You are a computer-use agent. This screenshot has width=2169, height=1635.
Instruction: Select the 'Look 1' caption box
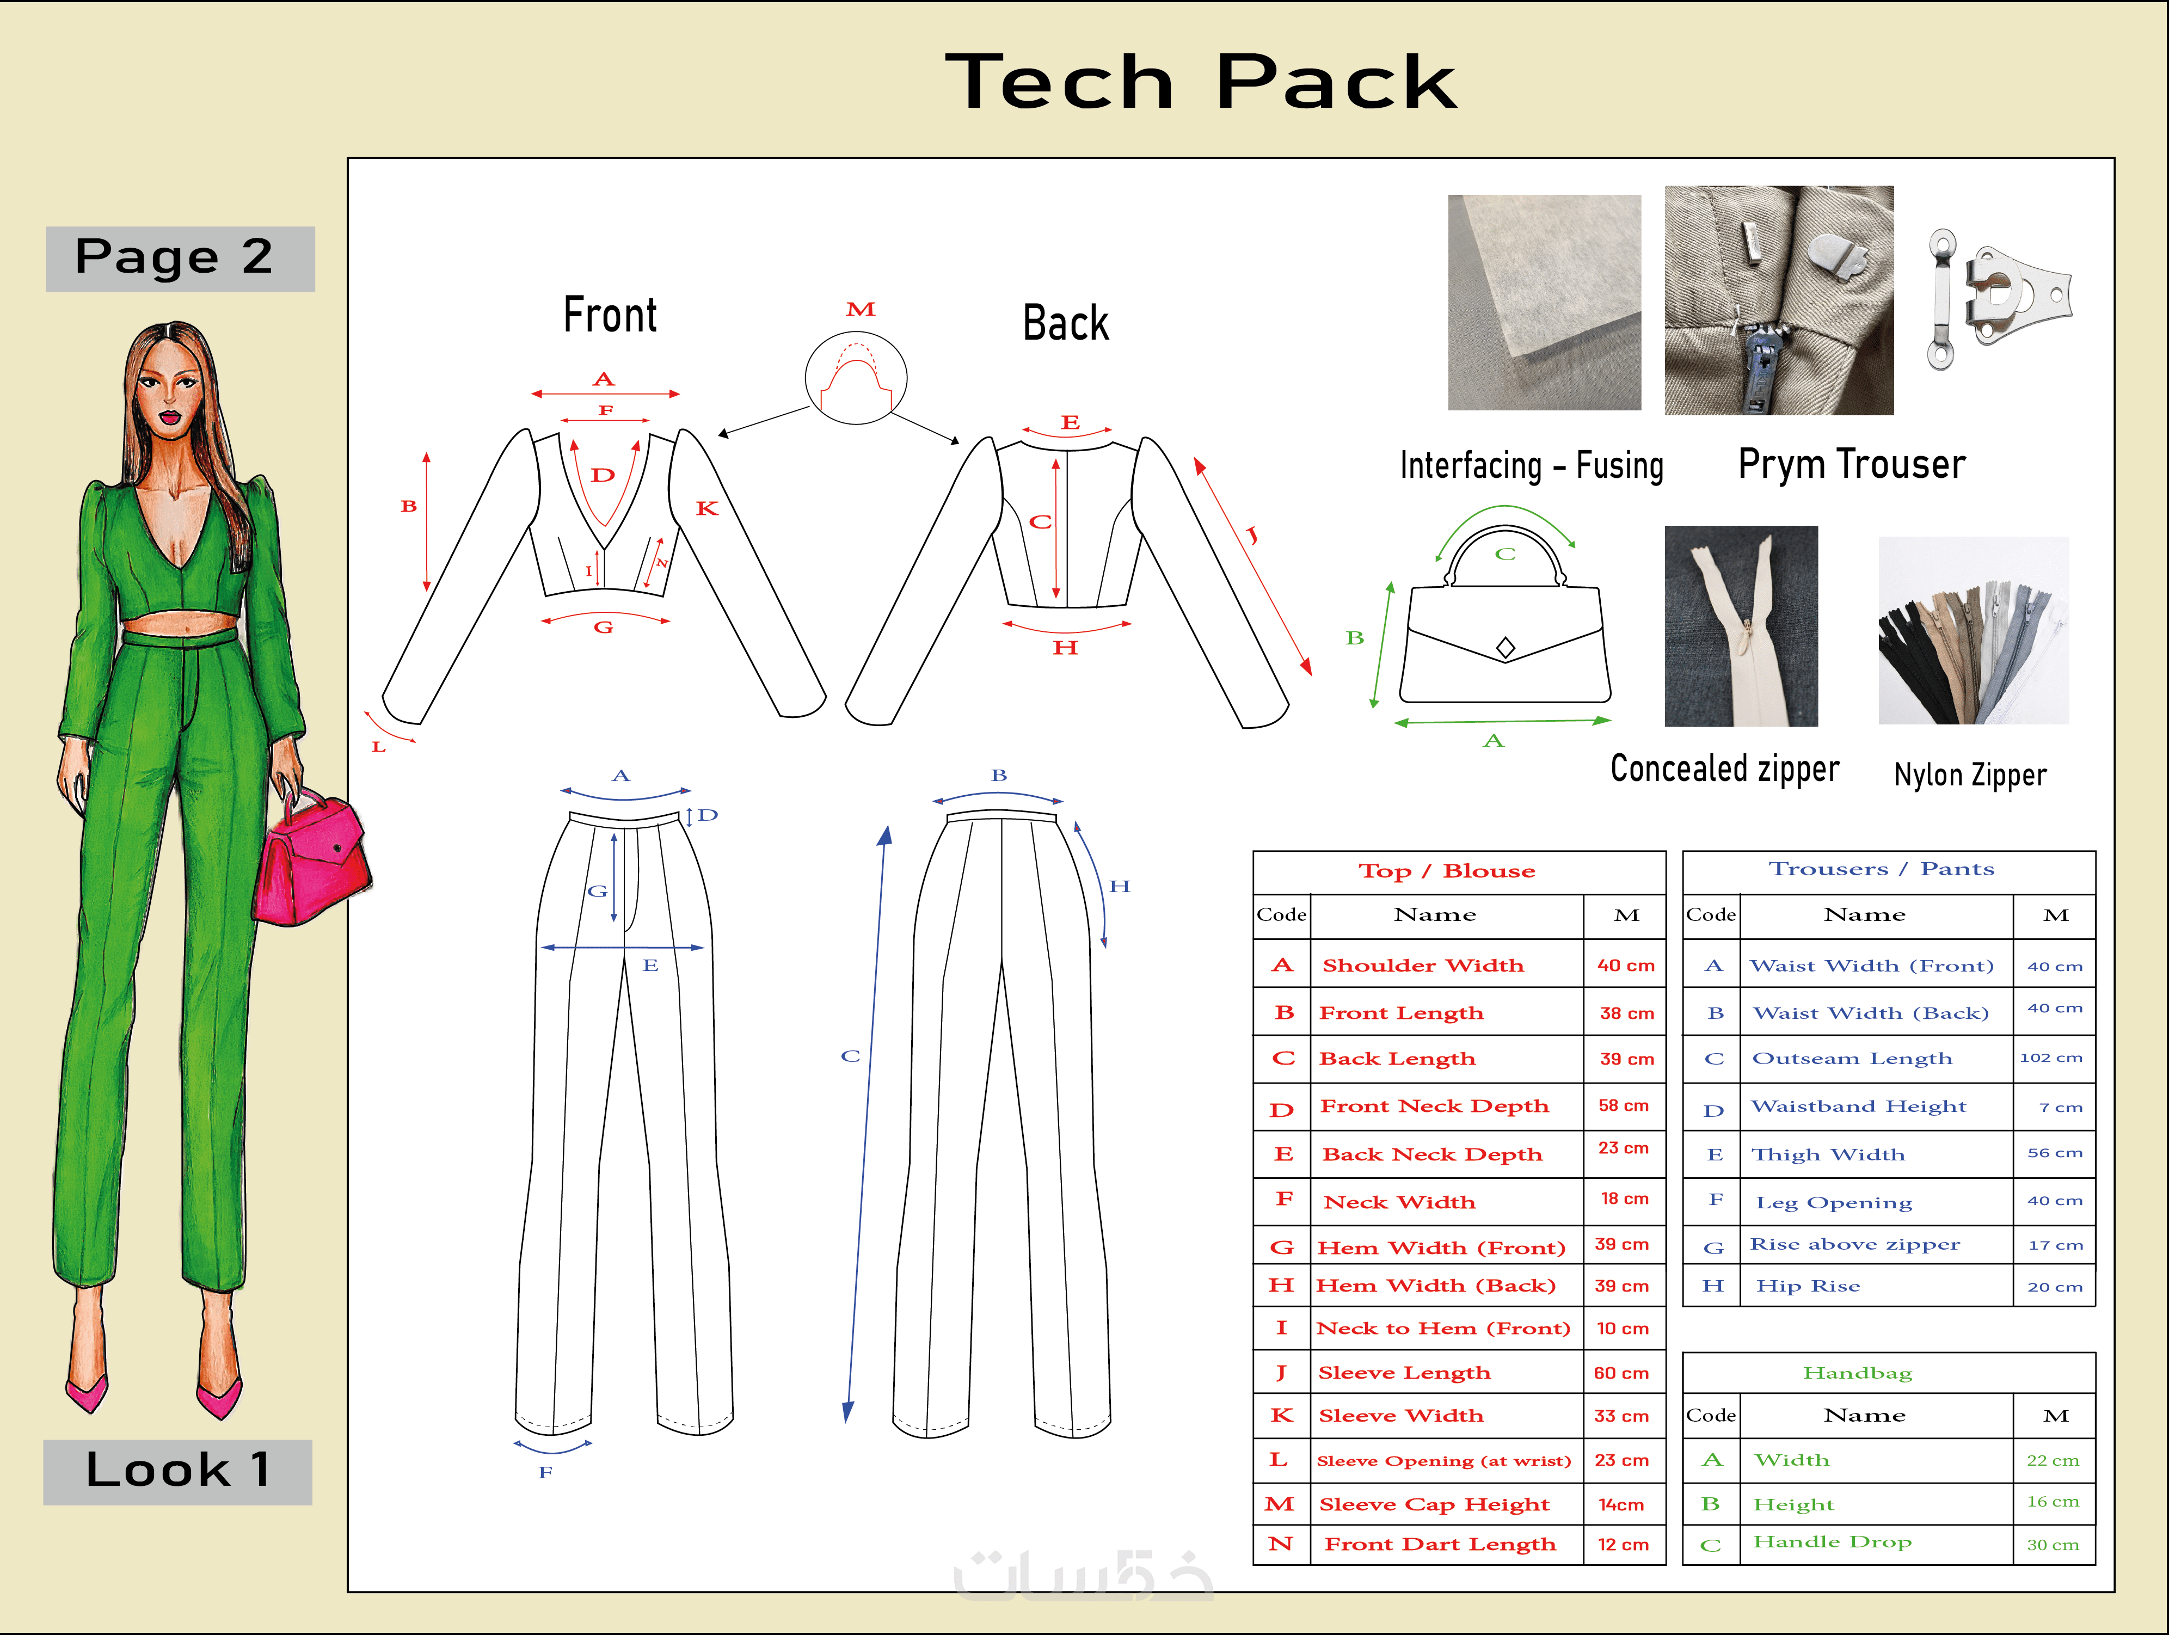point(177,1470)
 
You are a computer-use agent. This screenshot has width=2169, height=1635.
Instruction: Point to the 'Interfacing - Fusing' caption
point(1531,465)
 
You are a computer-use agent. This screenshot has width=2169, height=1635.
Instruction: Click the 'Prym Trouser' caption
point(1851,464)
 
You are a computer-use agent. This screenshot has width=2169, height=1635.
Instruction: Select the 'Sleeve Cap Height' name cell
point(1434,1504)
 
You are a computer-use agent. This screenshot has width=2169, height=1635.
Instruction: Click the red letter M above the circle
point(860,310)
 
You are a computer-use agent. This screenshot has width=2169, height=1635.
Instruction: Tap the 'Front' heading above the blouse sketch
point(610,316)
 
